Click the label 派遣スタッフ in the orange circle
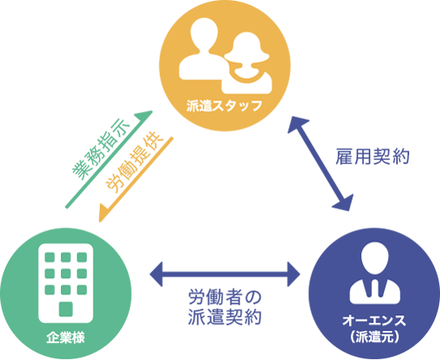(x=224, y=106)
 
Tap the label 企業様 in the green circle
(x=66, y=337)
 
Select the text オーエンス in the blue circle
(x=374, y=321)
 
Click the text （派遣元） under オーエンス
(x=374, y=336)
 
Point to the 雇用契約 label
(x=373, y=156)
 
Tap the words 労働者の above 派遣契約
(x=225, y=297)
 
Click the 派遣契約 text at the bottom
(x=225, y=317)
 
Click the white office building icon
(x=66, y=283)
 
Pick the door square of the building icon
(x=66, y=309)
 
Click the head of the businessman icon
(x=374, y=258)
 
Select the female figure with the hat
(x=248, y=64)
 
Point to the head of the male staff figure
(x=204, y=33)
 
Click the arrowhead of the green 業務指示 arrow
(x=145, y=116)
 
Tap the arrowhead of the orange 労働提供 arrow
(x=104, y=215)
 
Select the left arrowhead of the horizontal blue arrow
(x=157, y=274)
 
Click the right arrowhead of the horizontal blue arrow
(x=294, y=274)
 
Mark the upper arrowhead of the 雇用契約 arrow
(x=297, y=124)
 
